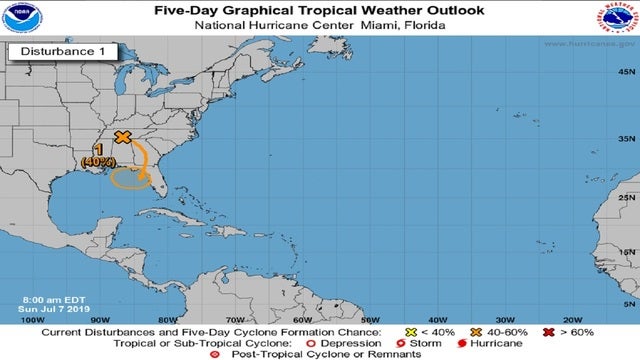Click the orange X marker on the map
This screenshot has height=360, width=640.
tap(123, 137)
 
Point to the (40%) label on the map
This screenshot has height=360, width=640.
tap(98, 161)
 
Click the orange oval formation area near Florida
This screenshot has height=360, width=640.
tap(129, 179)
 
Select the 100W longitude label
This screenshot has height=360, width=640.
tap(32, 321)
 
